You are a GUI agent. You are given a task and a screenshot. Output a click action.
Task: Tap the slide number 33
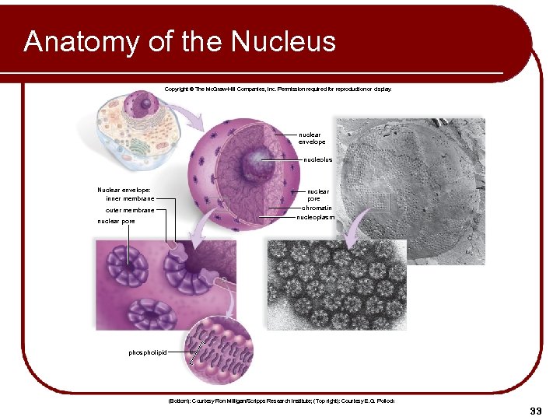click(534, 411)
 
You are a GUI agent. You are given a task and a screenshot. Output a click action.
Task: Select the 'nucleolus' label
click(317, 159)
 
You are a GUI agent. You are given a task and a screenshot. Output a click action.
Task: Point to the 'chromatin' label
click(317, 208)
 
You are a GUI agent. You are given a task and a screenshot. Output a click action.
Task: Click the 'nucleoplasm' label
click(315, 218)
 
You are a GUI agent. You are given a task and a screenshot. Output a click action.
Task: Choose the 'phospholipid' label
click(148, 352)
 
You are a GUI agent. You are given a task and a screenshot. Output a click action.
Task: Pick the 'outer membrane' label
click(130, 210)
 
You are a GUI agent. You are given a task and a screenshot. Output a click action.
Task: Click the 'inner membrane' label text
click(130, 198)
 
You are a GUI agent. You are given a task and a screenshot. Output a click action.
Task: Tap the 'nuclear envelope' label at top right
click(312, 138)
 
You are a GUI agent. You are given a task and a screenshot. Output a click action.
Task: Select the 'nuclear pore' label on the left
click(116, 221)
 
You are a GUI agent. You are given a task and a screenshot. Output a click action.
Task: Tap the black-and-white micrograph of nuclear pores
click(336, 288)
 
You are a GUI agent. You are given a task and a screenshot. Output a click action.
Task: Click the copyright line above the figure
click(278, 89)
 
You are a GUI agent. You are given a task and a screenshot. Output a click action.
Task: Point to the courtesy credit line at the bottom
click(281, 401)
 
